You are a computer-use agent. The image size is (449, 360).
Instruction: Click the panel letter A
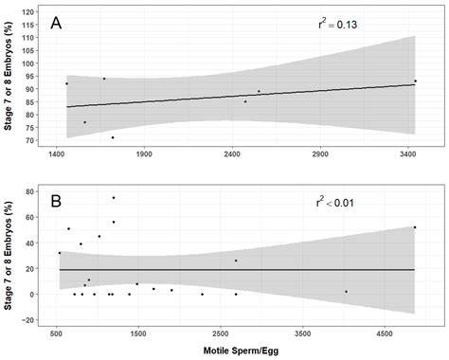pos(59,23)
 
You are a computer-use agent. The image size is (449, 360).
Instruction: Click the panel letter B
pos(59,203)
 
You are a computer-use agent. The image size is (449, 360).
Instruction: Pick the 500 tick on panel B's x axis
pos(56,333)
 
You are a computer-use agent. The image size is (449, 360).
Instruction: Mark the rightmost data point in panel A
pos(415,81)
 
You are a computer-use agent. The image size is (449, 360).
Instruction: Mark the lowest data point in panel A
pos(113,137)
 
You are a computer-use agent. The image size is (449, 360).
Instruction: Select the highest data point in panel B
pos(114,198)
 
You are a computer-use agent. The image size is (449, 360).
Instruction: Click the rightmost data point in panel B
pos(415,227)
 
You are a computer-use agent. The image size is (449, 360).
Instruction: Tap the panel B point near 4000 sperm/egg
pos(346,292)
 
